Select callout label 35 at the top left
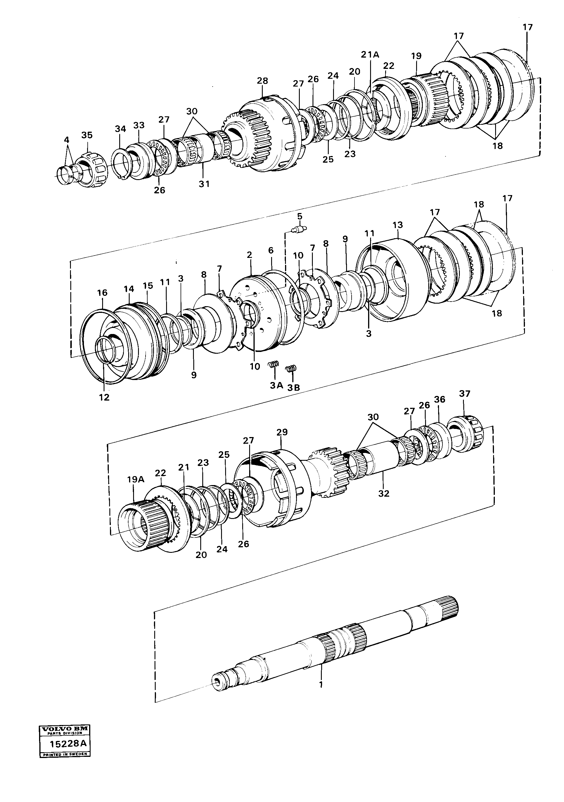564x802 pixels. pyautogui.click(x=87, y=135)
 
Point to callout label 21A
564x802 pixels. pyautogui.click(x=370, y=54)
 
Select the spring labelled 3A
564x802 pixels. pyautogui.click(x=273, y=365)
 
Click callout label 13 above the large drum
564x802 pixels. pyautogui.click(x=398, y=225)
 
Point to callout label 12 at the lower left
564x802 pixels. pyautogui.click(x=104, y=397)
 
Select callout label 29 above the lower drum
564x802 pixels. pyautogui.click(x=282, y=432)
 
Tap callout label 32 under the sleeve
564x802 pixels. pyautogui.click(x=383, y=493)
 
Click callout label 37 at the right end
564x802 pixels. pyautogui.click(x=464, y=394)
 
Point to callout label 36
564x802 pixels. pyautogui.click(x=439, y=399)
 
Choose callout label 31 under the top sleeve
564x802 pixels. pyautogui.click(x=204, y=183)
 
